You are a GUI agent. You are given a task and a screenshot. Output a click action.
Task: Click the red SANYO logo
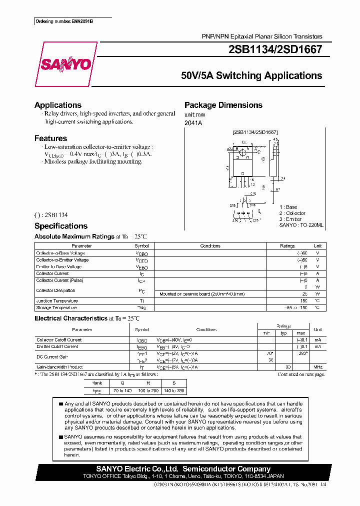[x=65, y=64]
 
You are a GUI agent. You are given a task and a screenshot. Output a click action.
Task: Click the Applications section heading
[x=58, y=105]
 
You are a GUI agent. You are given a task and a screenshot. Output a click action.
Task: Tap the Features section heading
[x=50, y=138]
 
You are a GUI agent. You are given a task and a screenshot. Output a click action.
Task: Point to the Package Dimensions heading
[x=223, y=105]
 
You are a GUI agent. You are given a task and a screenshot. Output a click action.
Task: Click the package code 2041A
[x=193, y=123]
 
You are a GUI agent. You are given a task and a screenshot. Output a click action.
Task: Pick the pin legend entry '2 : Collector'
[x=292, y=213]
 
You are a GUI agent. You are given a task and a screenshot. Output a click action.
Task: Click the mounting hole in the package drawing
[x=242, y=148]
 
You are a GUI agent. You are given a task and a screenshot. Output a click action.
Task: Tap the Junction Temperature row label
[x=57, y=301]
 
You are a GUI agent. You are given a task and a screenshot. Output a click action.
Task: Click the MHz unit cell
[x=317, y=367]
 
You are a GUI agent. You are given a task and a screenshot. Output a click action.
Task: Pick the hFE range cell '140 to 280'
[x=173, y=390]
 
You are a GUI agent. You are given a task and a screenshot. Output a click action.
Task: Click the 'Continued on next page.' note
[x=301, y=374]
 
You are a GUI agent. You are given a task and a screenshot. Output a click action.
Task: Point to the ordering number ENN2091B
[x=64, y=22]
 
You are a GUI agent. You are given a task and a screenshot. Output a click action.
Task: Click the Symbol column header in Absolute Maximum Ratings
[x=141, y=246]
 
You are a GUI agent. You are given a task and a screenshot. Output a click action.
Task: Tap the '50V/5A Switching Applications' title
[x=251, y=76]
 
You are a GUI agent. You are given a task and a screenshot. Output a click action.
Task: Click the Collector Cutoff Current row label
[x=59, y=340]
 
